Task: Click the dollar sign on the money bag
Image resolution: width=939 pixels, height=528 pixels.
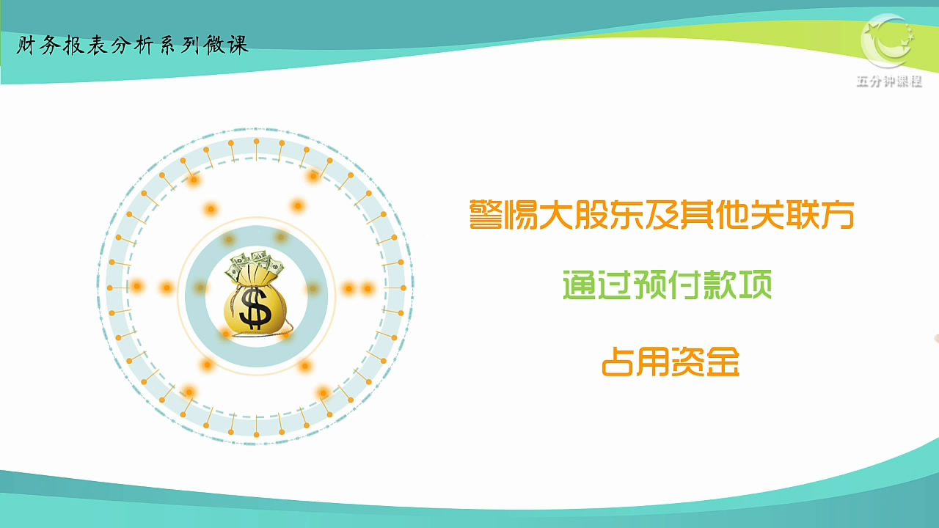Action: tap(255, 307)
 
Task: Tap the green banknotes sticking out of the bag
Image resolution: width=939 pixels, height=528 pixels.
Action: tap(254, 265)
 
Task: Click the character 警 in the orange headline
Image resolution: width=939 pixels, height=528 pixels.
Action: tap(486, 215)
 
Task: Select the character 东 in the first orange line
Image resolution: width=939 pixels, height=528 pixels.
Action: tap(626, 215)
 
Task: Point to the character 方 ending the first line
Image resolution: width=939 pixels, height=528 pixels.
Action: tap(838, 215)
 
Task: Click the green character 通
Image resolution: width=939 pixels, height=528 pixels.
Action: tap(580, 285)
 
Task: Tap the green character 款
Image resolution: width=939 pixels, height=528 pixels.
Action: tap(720, 285)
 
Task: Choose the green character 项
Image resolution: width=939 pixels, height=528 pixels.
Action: tap(756, 285)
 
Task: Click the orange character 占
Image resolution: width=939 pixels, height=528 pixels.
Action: tap(618, 362)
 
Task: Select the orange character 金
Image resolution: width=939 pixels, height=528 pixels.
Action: tap(723, 362)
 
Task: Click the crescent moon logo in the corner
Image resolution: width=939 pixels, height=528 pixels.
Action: tap(887, 40)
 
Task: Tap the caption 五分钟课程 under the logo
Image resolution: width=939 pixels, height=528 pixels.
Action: tap(889, 81)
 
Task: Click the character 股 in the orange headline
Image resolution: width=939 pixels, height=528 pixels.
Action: tap(591, 215)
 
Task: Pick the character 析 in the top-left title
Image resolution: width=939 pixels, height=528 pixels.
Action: tap(145, 45)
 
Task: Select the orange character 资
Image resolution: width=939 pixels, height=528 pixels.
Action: tap(687, 362)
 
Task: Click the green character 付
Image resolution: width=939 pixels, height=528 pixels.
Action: tap(685, 285)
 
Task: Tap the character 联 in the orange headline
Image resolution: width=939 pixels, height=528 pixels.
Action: tap(803, 215)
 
